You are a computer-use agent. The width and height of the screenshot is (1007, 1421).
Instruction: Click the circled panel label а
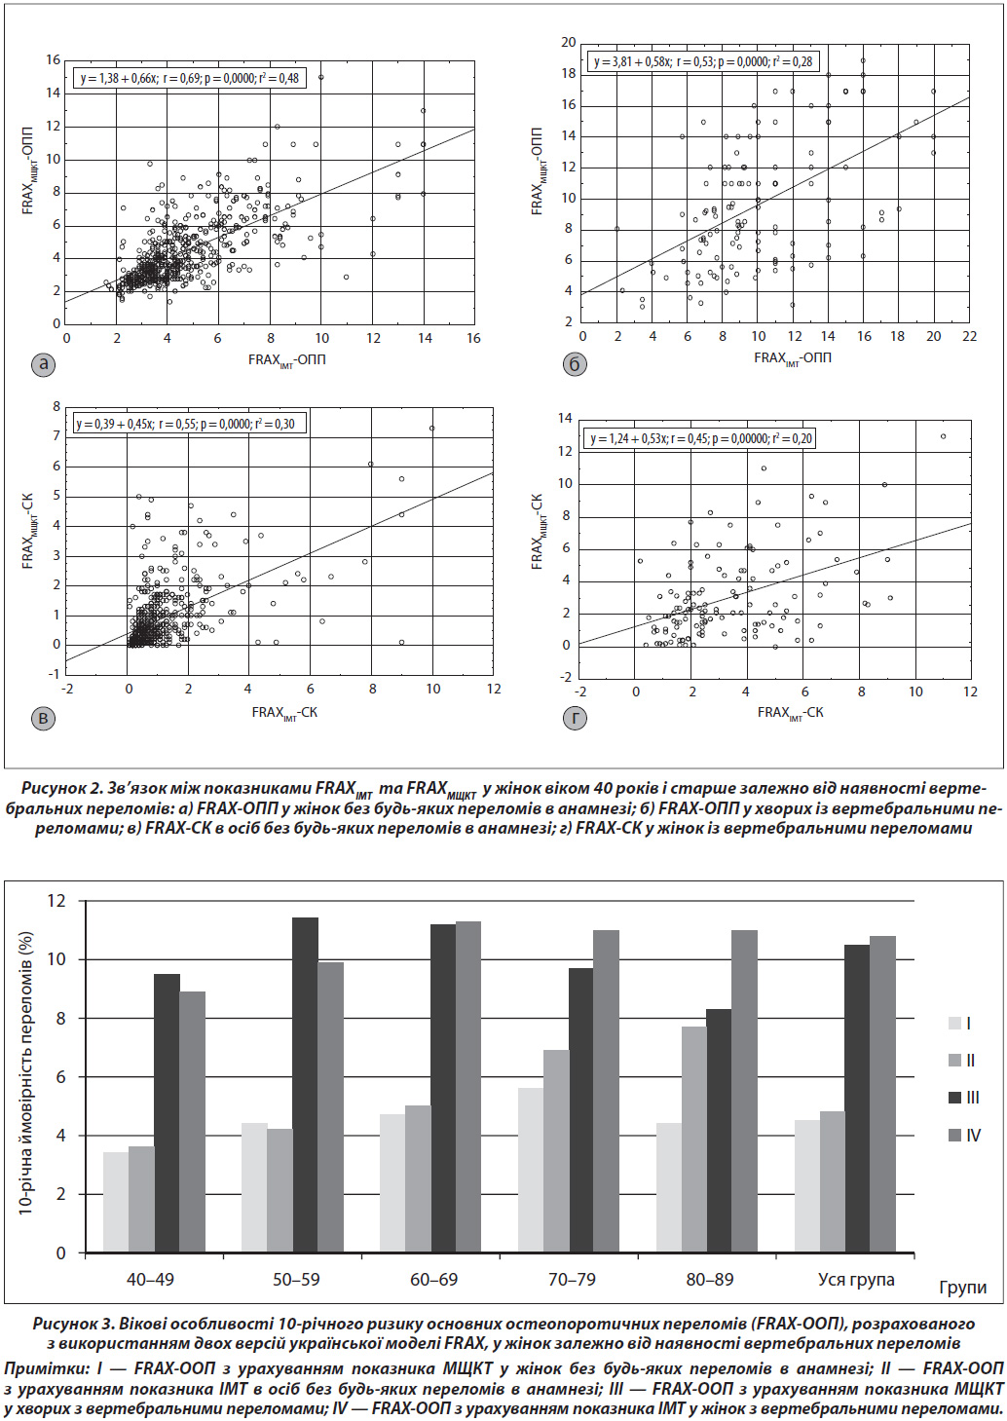(x=43, y=364)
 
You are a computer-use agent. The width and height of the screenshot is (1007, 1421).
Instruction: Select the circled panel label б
(x=575, y=364)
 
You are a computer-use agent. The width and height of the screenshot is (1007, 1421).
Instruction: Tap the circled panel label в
(x=43, y=718)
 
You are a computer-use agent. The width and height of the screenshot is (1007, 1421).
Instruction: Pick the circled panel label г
(x=575, y=718)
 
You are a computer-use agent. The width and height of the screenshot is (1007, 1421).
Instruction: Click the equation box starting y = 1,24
(x=700, y=439)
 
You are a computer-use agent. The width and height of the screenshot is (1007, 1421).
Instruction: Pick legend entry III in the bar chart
(x=964, y=1098)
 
